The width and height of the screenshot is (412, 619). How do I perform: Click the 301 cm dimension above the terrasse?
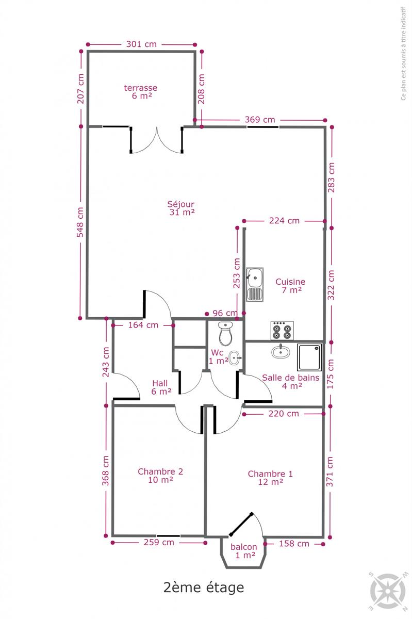pos(141,44)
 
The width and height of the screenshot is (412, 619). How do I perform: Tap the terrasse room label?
pos(141,92)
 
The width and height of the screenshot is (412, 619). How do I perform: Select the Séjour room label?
pos(182,208)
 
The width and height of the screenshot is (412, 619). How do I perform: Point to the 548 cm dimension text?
pos(80,222)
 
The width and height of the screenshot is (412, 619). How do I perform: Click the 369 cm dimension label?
pos(260,120)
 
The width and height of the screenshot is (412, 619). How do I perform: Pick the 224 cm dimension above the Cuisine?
pos(284,221)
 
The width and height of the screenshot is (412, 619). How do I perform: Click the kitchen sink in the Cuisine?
pos(255,284)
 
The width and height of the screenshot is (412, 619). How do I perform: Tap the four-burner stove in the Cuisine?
pos(282,331)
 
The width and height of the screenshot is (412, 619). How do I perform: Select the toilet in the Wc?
pos(226,334)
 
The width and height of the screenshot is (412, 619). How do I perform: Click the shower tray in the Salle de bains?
pos(309,357)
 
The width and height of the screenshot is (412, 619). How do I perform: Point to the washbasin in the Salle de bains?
pos(281,351)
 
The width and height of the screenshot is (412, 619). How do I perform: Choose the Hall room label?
pos(161,387)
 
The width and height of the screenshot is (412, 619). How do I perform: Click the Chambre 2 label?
pos(160,476)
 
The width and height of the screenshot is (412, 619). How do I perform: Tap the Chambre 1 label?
pos(270,478)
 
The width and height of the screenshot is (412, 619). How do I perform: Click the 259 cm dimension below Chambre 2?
pos(159,543)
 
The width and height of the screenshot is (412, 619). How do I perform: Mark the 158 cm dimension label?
pos(294,544)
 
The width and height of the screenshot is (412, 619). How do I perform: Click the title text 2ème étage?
pos(204,587)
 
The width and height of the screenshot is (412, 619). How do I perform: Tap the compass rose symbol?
pos(388,591)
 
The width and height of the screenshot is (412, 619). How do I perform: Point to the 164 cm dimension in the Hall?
pos(143,325)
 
